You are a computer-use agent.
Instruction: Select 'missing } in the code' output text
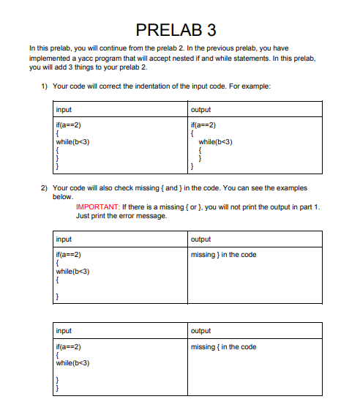coord(223,255)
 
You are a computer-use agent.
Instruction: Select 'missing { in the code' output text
coord(223,347)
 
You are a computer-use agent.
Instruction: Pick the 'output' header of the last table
coord(200,331)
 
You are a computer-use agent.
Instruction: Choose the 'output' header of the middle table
coord(200,239)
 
